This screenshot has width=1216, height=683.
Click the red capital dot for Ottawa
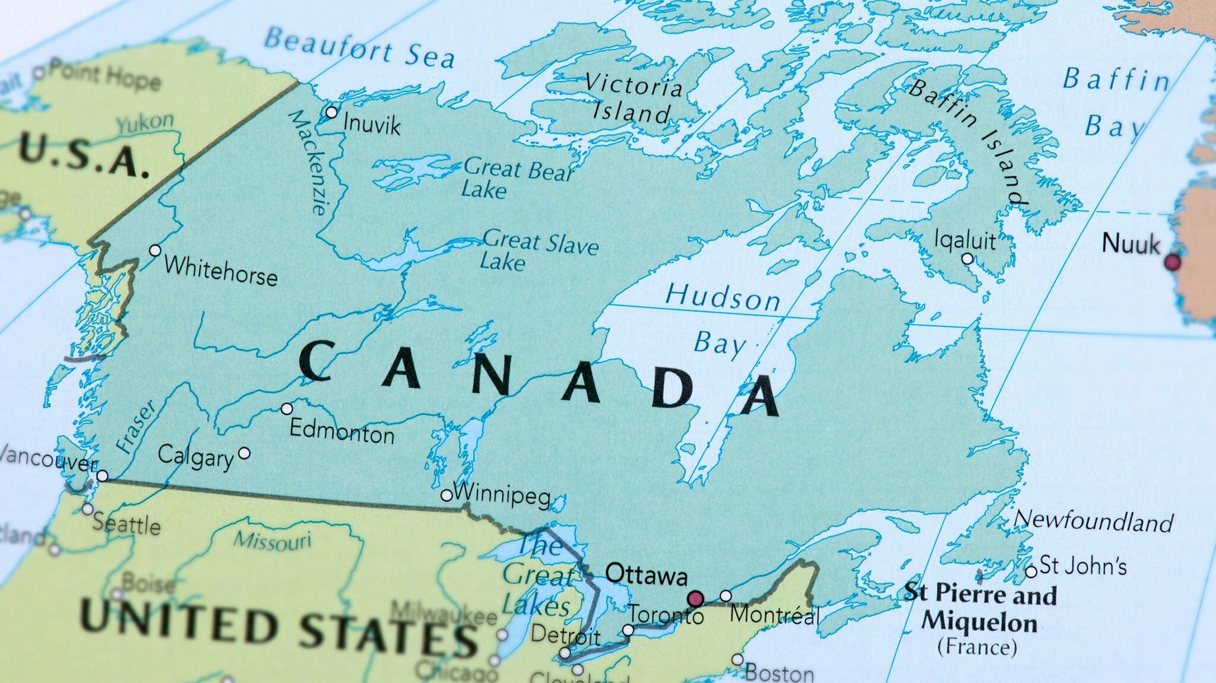coord(695,598)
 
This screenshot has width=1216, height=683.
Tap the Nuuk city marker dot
coord(1173,262)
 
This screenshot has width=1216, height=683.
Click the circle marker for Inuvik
coord(331,112)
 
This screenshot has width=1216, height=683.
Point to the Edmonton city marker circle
coord(287,409)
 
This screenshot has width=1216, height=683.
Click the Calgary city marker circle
coord(244,454)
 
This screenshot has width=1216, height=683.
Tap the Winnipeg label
coord(502,494)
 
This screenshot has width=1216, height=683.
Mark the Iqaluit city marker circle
coord(967,259)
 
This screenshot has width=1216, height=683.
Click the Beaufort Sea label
coord(359,47)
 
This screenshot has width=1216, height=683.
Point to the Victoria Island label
coord(633,99)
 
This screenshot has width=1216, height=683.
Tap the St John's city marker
coord(1031,571)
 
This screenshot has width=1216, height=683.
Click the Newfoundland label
coord(1093,521)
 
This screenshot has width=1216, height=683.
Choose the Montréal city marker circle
coord(726,596)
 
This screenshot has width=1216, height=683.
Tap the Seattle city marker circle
coord(87,509)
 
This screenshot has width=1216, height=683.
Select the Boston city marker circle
coord(737,659)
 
